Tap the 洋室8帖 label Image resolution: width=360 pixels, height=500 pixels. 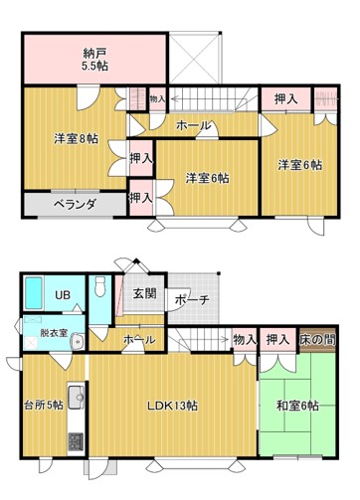76,139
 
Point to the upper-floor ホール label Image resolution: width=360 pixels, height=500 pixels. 193,126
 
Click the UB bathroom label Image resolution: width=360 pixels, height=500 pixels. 63,295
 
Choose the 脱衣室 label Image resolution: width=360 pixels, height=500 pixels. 55,333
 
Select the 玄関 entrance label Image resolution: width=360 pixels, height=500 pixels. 144,293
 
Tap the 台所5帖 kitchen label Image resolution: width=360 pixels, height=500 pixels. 44,405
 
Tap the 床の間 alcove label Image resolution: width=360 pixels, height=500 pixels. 318,340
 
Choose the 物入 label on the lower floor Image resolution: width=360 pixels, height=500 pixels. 244,340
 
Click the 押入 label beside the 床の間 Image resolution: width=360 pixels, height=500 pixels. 277,340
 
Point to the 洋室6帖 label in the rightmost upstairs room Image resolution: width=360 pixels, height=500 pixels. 299,165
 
